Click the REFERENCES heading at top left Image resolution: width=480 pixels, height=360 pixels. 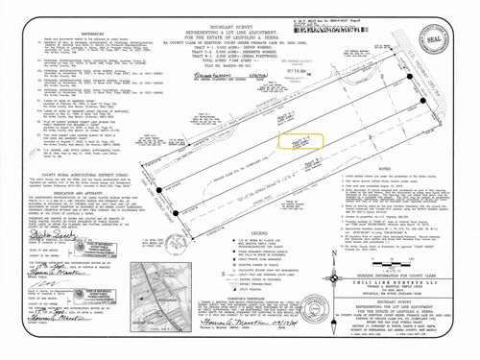tap(65, 33)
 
